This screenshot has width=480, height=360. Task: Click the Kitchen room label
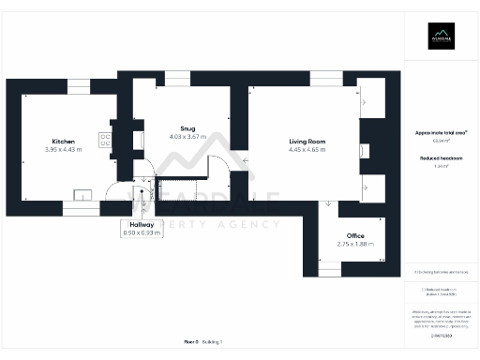[x=64, y=141]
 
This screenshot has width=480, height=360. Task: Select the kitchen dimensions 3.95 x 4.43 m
[x=64, y=149]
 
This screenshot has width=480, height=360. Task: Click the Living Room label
[x=307, y=141]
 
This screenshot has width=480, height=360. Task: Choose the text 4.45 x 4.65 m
[x=307, y=149]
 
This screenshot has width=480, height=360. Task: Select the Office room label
[x=354, y=236]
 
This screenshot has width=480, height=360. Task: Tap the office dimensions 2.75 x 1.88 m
[x=354, y=245]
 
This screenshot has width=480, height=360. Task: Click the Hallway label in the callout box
[x=142, y=225]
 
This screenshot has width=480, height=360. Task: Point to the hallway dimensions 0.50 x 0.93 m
[x=142, y=232]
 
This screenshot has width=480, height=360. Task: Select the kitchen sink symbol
[x=83, y=196]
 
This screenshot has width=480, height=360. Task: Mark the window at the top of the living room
[x=324, y=79]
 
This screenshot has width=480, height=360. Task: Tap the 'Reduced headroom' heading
[x=440, y=158]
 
